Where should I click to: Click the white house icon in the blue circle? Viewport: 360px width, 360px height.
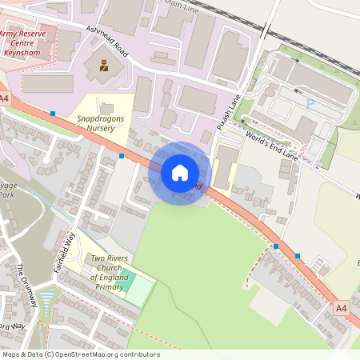pos(179,173)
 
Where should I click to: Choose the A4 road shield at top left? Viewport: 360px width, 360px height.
pos(5,98)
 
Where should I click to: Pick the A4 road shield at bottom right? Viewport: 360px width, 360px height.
pos(342,307)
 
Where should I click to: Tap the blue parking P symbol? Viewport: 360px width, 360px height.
pos(310,102)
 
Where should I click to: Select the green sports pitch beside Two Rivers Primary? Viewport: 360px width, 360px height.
pos(138,290)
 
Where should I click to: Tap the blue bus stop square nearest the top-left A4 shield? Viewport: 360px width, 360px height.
pos(53,114)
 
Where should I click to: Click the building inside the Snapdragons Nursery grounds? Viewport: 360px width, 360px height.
pos(106,107)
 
